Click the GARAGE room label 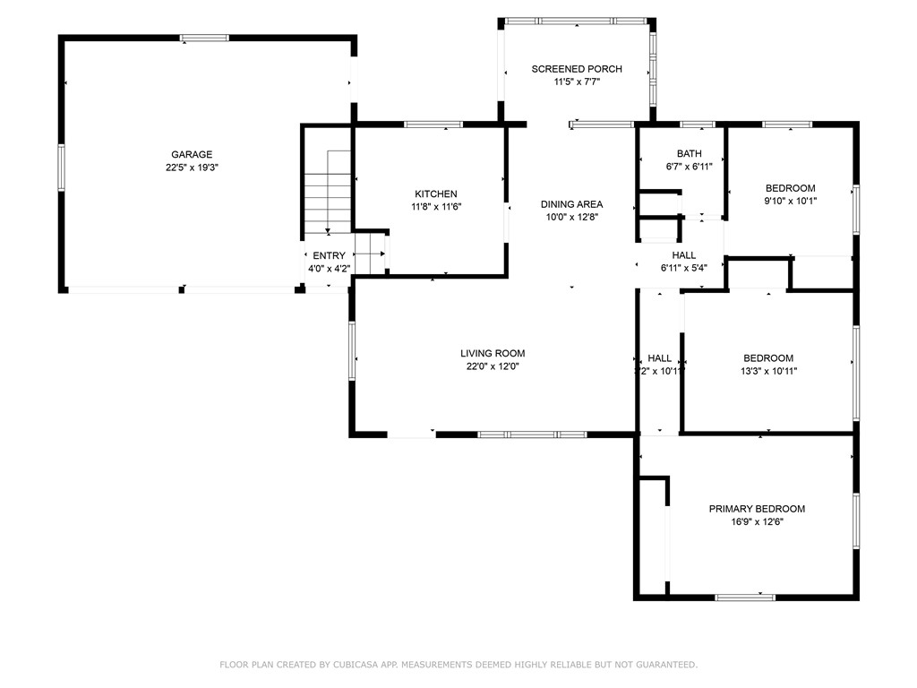(192, 154)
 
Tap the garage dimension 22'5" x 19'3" (192, 168)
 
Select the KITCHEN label (436, 193)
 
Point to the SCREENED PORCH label (576, 69)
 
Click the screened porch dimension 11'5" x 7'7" (576, 82)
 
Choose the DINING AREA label (571, 204)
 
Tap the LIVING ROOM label (493, 353)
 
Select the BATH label (690, 153)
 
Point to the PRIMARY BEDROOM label (757, 509)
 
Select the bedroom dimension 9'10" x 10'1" (790, 201)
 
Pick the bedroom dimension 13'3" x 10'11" (767, 371)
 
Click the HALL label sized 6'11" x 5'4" (684, 255)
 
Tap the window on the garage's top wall (204, 39)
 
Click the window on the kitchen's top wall (433, 125)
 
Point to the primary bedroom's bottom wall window (745, 597)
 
